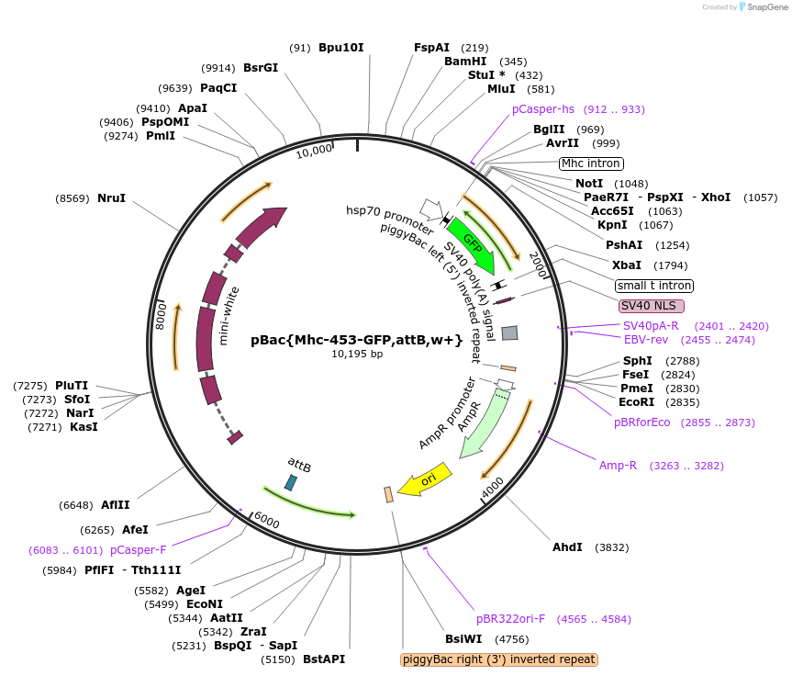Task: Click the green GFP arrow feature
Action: pos(474,246)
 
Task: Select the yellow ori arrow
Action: pos(426,479)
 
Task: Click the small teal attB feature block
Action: pos(291,481)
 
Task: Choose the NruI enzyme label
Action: pos(111,197)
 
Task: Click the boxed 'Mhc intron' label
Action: pos(591,163)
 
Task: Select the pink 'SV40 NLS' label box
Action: pos(651,305)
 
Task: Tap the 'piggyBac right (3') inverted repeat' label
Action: pos(499,659)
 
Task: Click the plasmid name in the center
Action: pos(356,339)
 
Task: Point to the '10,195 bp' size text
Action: pos(357,354)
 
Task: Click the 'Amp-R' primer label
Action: pos(618,466)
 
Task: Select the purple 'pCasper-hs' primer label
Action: pos(542,108)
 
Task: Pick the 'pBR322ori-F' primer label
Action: pos(510,618)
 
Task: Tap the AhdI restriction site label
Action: pos(567,546)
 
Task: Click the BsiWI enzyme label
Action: pos(463,638)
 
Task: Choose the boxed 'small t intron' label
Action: pos(654,286)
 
